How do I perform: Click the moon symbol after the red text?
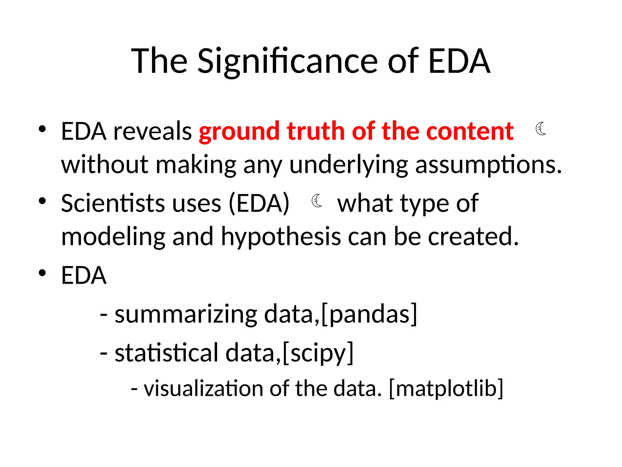(x=541, y=129)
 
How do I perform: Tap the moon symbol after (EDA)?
(x=317, y=201)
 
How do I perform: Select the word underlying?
(x=348, y=165)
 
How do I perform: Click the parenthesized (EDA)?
(x=259, y=203)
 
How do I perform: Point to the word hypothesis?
(x=281, y=237)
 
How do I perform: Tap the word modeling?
(x=113, y=237)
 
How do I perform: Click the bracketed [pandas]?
(x=369, y=314)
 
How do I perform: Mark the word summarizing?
(x=186, y=314)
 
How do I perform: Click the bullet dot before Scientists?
(x=42, y=201)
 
